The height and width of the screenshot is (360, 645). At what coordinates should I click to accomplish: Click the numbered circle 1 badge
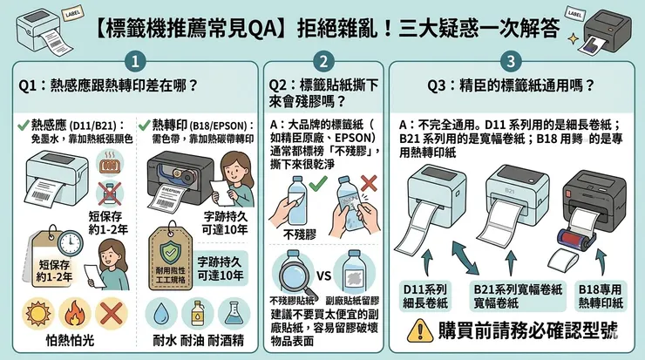(135, 61)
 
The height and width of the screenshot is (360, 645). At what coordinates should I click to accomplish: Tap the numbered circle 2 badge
(323, 61)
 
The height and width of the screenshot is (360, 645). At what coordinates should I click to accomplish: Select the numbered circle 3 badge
(511, 61)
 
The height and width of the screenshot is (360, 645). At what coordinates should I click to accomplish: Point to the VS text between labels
(323, 278)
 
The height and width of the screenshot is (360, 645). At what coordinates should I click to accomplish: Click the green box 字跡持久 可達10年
(220, 268)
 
